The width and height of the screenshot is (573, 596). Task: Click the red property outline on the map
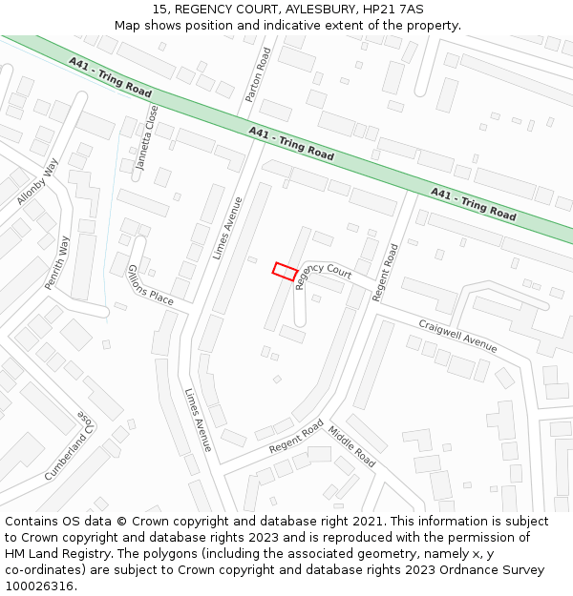284,271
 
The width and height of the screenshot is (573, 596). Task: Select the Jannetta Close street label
146,136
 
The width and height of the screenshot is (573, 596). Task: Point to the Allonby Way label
37,181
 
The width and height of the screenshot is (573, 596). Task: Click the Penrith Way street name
57,262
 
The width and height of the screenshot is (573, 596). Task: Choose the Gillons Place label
150,285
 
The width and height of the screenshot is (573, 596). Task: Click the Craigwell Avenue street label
457,336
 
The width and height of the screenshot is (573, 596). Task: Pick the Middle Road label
351,445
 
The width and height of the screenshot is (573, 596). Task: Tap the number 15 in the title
159,10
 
